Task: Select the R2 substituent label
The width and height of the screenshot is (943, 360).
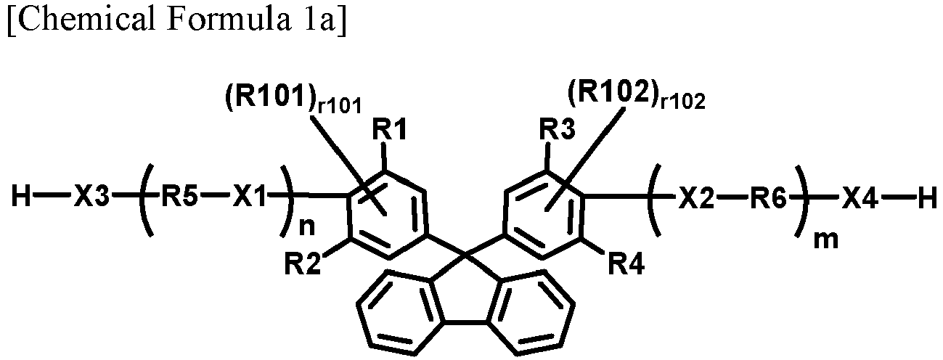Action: [302, 264]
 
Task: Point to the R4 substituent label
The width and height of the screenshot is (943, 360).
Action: [626, 264]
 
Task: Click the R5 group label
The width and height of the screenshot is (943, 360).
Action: [179, 197]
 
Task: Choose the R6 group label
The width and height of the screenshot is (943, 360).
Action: [768, 197]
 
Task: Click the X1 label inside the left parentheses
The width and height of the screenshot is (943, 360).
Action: [250, 197]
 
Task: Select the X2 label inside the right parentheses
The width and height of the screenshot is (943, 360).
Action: [697, 197]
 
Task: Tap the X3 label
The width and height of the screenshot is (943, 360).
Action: [91, 197]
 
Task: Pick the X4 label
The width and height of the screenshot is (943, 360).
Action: [860, 197]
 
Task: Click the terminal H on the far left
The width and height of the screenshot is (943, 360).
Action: [21, 197]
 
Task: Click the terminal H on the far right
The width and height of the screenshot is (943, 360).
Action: [928, 197]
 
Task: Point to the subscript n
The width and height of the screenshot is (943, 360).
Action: [306, 227]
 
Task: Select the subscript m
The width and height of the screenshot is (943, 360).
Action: [826, 240]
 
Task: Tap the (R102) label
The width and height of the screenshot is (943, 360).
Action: [613, 93]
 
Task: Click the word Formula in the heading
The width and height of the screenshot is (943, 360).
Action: [225, 20]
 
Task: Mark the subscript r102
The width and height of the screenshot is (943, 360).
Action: [682, 102]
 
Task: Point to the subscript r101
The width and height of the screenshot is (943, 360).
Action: [339, 106]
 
